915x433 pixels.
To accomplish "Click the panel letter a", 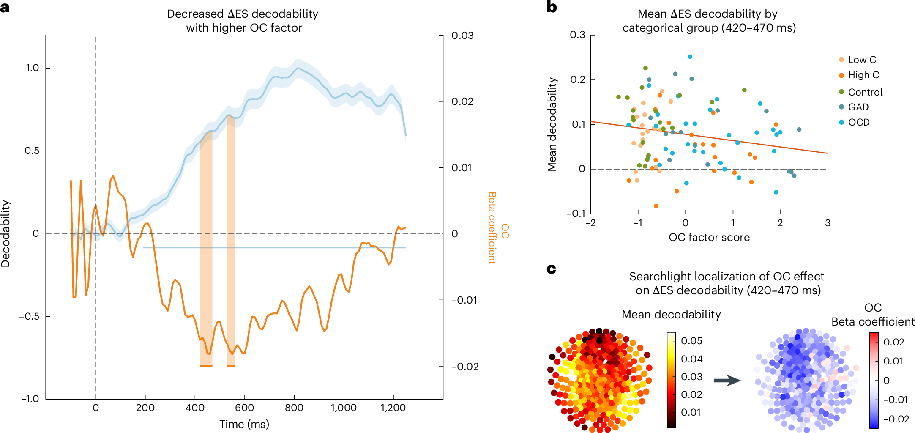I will (x=5, y=8).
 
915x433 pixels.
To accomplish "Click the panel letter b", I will (x=552, y=8).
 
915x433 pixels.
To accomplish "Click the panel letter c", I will (x=551, y=269).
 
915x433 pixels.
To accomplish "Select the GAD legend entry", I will (x=858, y=107).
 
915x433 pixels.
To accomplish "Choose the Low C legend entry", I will (x=862, y=60).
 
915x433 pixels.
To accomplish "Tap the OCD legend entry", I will (x=858, y=122).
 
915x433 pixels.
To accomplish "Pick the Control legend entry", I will (x=865, y=92).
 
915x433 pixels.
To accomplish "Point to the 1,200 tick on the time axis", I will (x=393, y=408).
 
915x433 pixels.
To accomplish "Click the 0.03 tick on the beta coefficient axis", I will (x=462, y=36).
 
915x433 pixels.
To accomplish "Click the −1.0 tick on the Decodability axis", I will (x=30, y=399).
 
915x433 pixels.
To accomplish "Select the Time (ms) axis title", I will (x=244, y=424).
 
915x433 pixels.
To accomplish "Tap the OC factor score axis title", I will (x=709, y=237).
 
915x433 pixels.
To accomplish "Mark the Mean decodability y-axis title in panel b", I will (x=552, y=124).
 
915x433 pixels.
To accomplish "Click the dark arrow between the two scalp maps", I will (x=727, y=381).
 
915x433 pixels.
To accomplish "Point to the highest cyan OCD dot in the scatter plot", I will (x=690, y=57).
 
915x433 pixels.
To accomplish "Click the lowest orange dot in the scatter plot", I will (x=656, y=206).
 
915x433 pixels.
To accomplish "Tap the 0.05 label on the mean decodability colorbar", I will (x=691, y=341).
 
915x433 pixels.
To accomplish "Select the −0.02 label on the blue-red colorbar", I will (x=896, y=419).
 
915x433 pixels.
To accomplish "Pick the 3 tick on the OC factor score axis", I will (x=828, y=223).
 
